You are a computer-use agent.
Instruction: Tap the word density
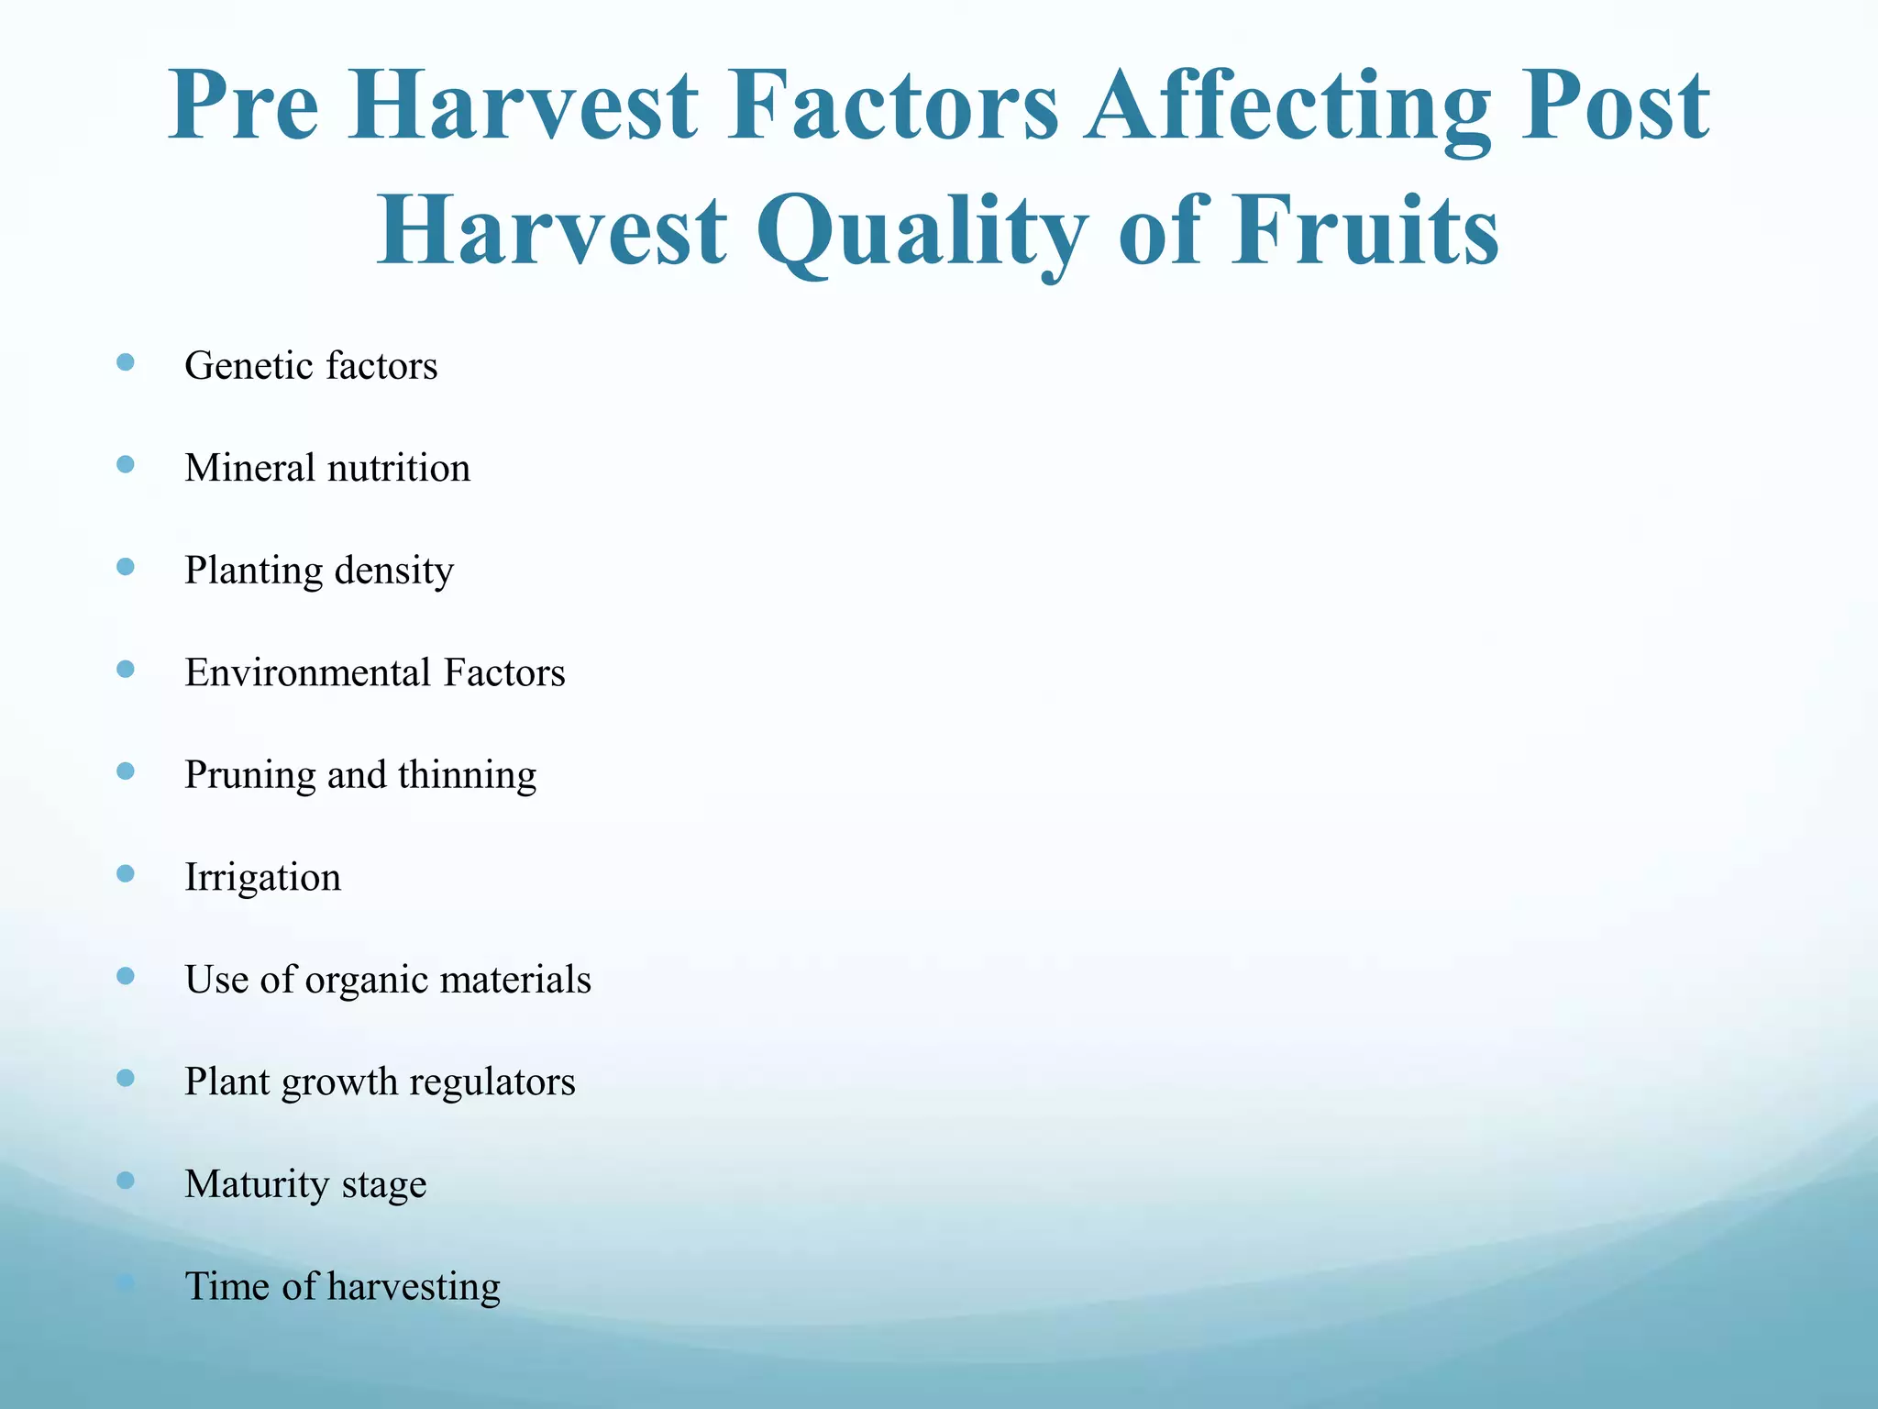[394, 571]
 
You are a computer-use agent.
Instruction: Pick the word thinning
[467, 775]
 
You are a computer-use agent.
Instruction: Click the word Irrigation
[262, 877]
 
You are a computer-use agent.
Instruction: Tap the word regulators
[492, 1082]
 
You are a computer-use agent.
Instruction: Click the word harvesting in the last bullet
[414, 1287]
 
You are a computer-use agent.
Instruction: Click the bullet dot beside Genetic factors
[126, 362]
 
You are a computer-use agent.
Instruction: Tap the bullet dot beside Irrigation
[126, 873]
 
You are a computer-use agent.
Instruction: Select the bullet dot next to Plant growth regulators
[126, 1078]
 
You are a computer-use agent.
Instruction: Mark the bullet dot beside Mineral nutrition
[126, 465]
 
